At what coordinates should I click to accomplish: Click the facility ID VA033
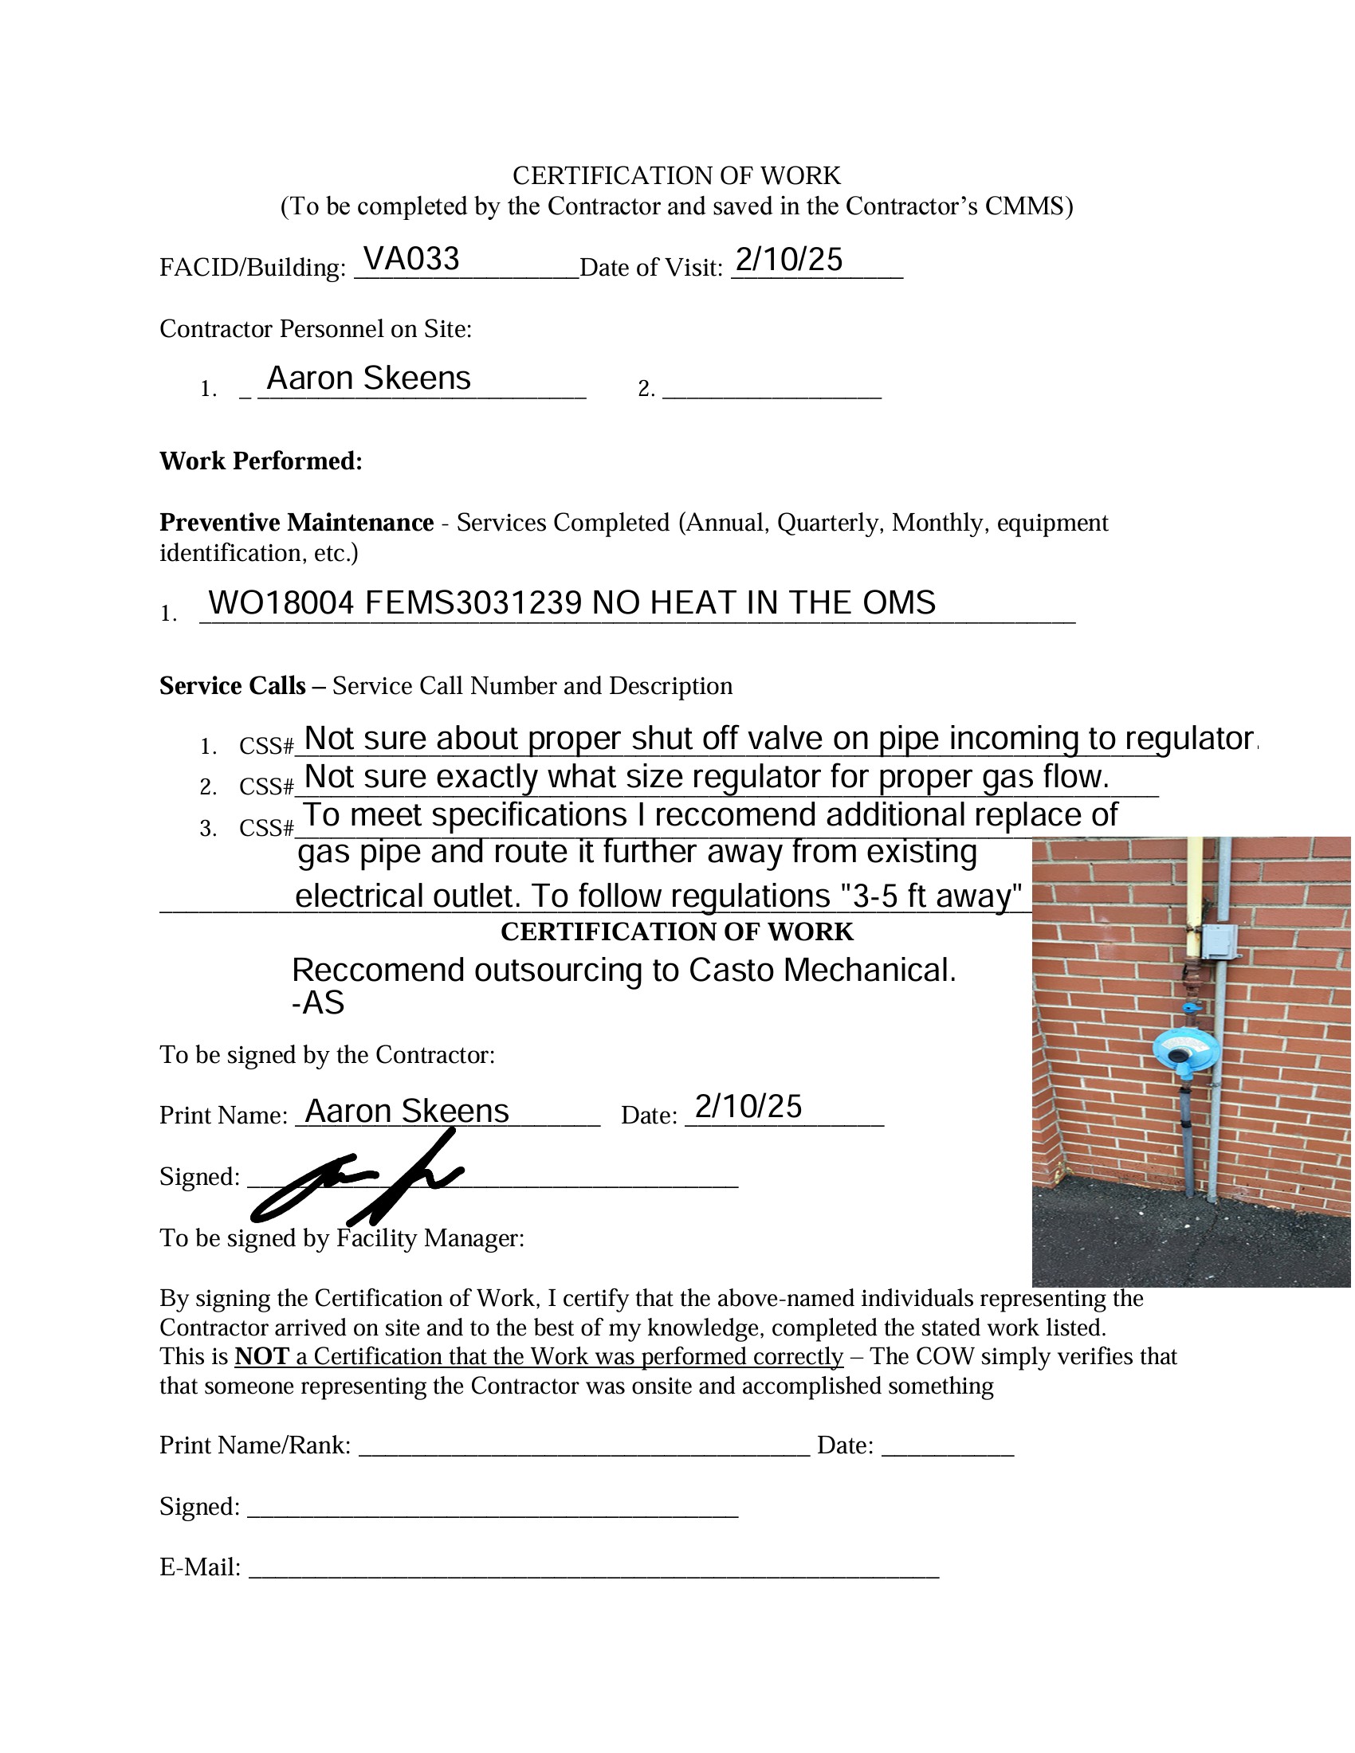[x=410, y=259]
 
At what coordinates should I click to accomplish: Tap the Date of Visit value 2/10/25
[x=788, y=260]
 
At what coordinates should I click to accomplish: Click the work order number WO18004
[x=280, y=603]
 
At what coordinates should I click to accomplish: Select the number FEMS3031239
[x=473, y=603]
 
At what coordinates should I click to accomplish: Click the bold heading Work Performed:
[x=261, y=461]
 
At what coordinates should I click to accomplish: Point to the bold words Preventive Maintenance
[x=297, y=523]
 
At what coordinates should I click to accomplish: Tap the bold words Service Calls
[x=232, y=685]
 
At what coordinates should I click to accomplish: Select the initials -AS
[x=318, y=1003]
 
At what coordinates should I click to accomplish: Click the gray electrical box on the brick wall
[x=1218, y=941]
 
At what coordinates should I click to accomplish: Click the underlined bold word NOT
[x=261, y=1356]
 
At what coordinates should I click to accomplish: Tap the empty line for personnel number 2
[x=772, y=390]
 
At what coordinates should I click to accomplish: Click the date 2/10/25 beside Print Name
[x=748, y=1107]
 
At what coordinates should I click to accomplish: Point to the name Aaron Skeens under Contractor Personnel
[x=368, y=378]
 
